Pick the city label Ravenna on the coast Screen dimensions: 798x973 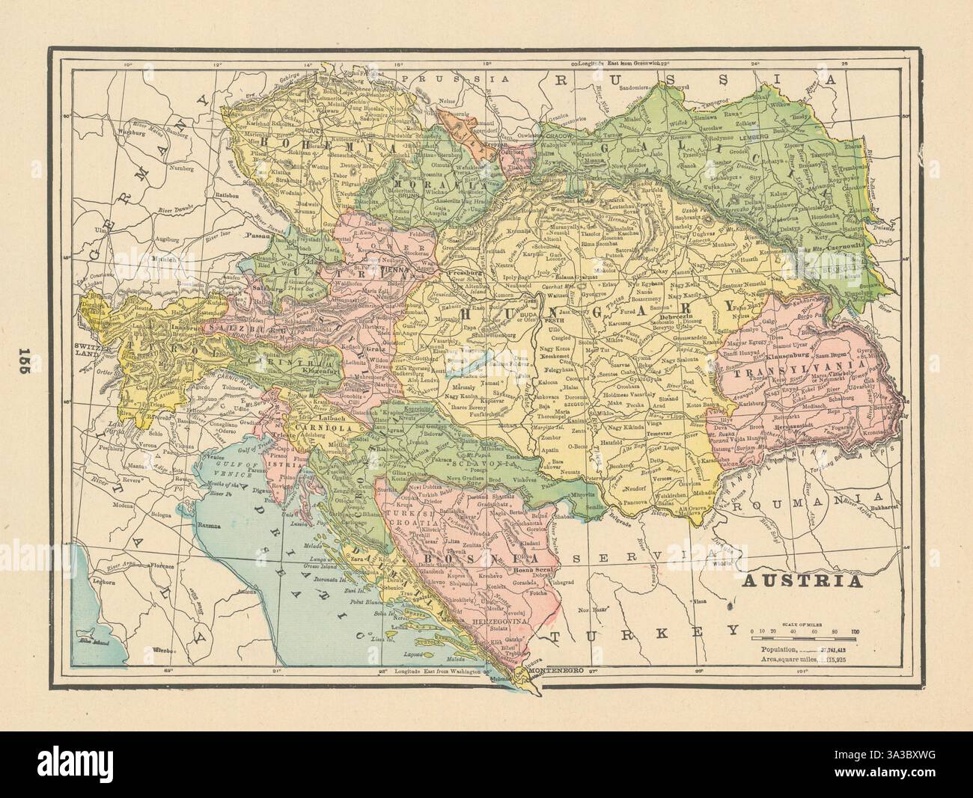tap(210, 526)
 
